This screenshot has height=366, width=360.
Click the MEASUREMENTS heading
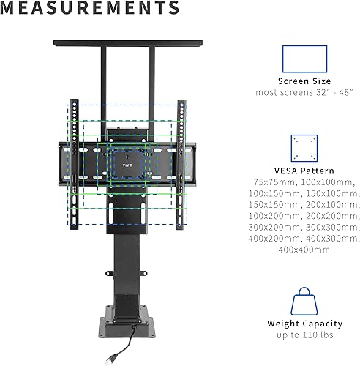click(90, 9)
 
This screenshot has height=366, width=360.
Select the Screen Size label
click(304, 81)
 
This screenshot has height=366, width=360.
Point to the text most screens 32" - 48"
click(304, 93)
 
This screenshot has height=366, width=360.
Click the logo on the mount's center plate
click(127, 155)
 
